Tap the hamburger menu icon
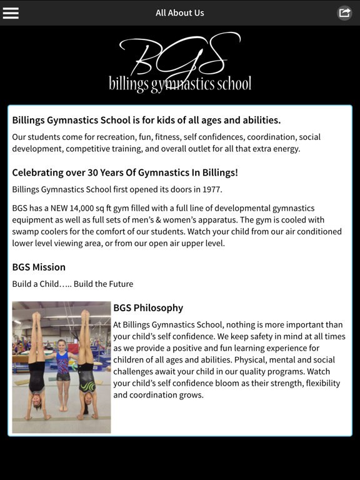click(x=11, y=12)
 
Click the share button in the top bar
click(x=344, y=12)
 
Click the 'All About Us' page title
click(x=180, y=12)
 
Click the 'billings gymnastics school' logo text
click(x=180, y=84)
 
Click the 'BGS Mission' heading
click(x=39, y=267)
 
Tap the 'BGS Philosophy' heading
click(x=148, y=307)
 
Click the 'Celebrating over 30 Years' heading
click(x=125, y=172)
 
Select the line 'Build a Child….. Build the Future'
click(x=72, y=284)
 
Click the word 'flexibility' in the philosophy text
click(x=319, y=383)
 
